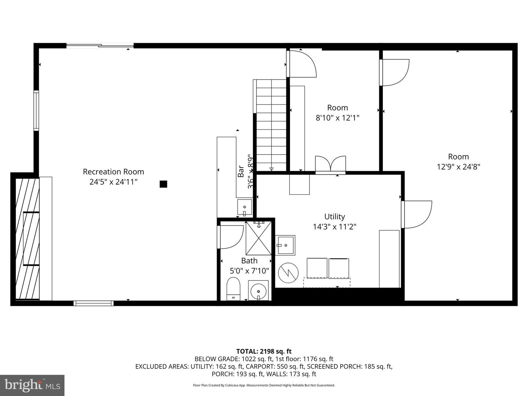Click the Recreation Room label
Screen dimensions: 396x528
pyautogui.click(x=113, y=172)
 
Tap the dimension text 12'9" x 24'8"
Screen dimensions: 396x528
pyautogui.click(x=458, y=167)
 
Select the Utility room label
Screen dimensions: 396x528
pyautogui.click(x=334, y=217)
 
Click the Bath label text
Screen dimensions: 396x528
pyautogui.click(x=249, y=261)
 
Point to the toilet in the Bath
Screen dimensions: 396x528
pyautogui.click(x=233, y=289)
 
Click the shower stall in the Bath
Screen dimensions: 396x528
pyautogui.click(x=259, y=238)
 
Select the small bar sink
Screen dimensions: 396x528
pyautogui.click(x=245, y=208)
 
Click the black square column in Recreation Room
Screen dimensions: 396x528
pyautogui.click(x=164, y=184)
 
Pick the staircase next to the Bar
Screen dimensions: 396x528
pyautogui.click(x=271, y=125)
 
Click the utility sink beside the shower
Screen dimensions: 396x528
pyautogui.click(x=285, y=245)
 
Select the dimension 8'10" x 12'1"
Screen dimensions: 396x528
pyautogui.click(x=337, y=118)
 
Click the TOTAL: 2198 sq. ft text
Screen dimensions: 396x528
pyautogui.click(x=264, y=351)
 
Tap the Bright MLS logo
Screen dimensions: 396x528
pyautogui.click(x=32, y=385)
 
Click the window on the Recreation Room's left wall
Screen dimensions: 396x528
pyautogui.click(x=36, y=110)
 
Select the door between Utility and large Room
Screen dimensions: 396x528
pyautogui.click(x=416, y=214)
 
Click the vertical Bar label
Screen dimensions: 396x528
pyautogui.click(x=241, y=171)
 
